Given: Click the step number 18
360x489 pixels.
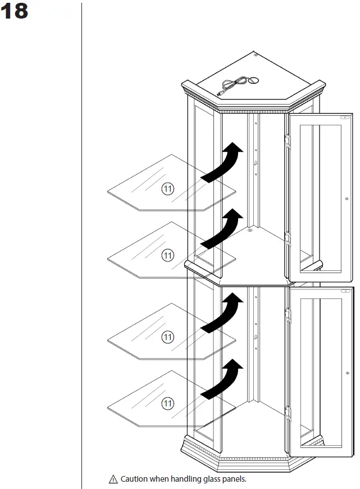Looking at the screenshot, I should pos(15,11).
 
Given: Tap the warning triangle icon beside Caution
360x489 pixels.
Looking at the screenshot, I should pos(113,479).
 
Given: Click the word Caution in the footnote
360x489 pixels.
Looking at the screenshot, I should pos(135,479).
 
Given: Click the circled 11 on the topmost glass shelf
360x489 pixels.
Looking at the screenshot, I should pos(167,189).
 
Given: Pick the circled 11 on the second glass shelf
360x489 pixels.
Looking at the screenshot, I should pos(167,256).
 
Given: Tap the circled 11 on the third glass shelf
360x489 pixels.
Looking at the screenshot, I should pos(167,337).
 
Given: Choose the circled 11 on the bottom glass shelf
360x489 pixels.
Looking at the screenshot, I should pos(167,402).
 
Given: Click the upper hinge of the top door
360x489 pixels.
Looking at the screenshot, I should pos(288,141).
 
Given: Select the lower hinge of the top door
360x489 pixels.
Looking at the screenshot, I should pos(288,238).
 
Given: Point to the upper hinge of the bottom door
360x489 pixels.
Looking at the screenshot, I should pos(288,314).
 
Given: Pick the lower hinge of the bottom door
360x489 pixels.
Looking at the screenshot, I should pos(288,413).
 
